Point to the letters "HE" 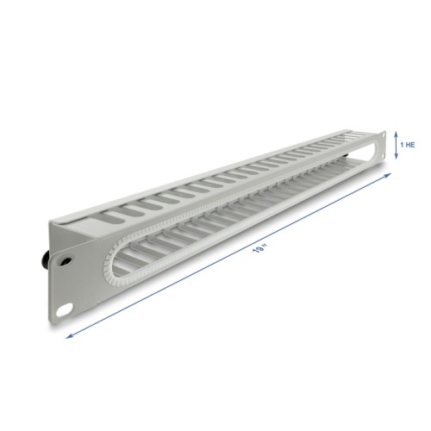point(410,145)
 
